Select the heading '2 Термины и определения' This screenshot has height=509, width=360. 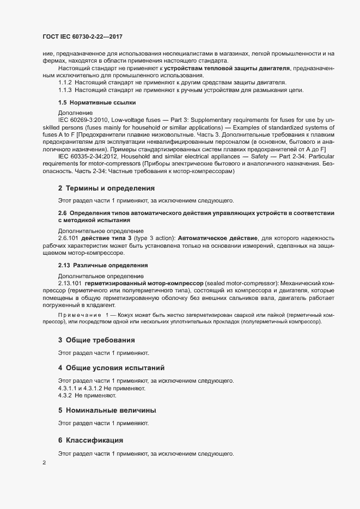click(106, 188)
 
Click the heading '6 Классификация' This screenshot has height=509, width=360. click(91, 439)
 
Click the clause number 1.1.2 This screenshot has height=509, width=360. click(65, 82)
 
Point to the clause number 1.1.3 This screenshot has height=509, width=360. click(65, 90)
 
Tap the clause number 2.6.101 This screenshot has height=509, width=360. click(68, 238)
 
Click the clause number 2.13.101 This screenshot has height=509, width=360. click(70, 283)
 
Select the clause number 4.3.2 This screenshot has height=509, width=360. click(65, 395)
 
